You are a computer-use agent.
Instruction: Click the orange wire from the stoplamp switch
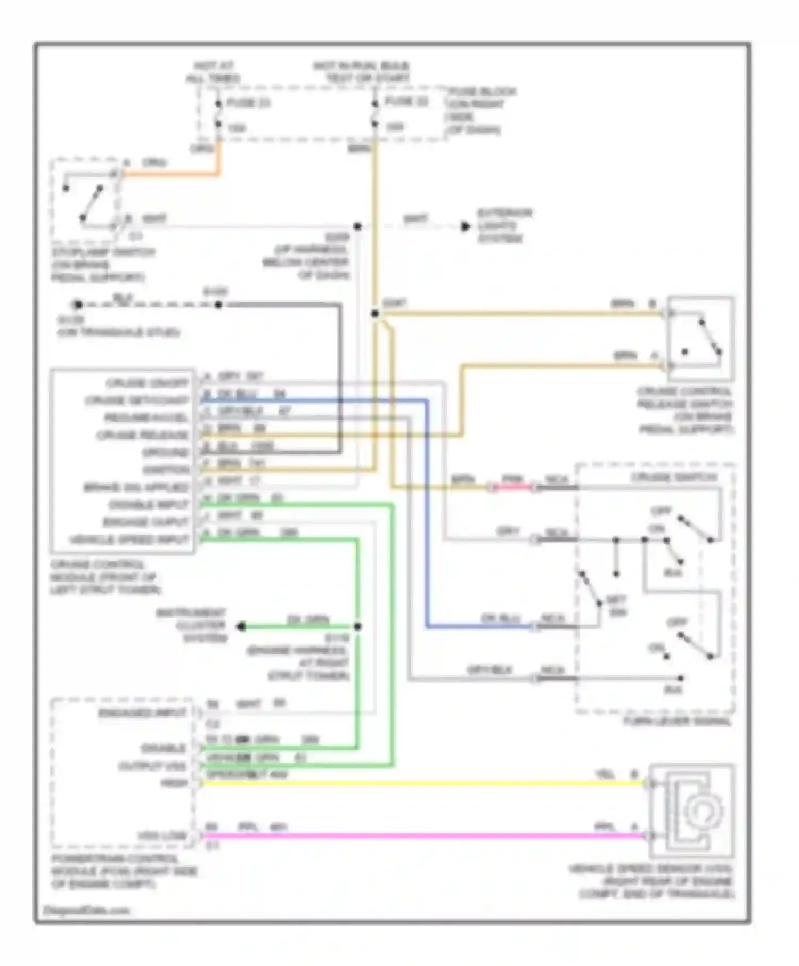pos(170,174)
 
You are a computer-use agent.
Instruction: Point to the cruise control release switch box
pos(700,339)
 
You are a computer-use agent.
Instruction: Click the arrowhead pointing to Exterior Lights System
pos(466,226)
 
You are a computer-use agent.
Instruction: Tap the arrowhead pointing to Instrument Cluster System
pos(241,627)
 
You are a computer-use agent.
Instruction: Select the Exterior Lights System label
pos(503,226)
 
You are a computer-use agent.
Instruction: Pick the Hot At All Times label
pos(213,72)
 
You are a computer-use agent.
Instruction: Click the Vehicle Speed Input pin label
pos(129,540)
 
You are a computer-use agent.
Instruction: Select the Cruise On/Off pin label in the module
pos(148,383)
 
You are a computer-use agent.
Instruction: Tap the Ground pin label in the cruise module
pos(165,453)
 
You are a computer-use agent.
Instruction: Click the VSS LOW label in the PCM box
pos(162,836)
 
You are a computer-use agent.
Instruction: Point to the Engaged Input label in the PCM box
pos(142,713)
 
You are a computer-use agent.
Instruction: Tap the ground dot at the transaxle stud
pos(78,305)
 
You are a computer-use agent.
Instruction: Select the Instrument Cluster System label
pos(192,625)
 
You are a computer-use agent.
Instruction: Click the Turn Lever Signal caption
pos(677,722)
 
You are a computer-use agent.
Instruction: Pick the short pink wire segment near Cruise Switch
pos(512,487)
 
